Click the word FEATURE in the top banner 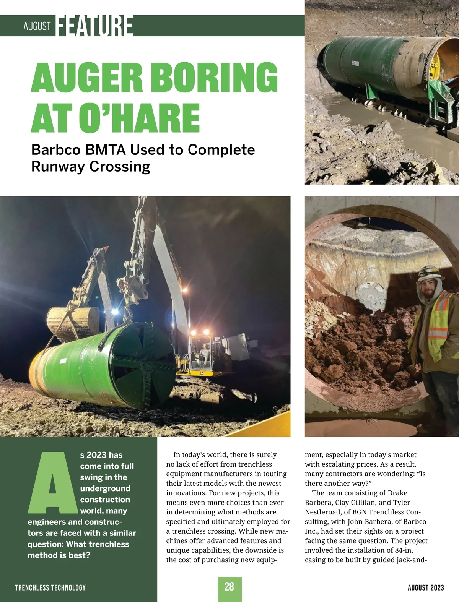94,26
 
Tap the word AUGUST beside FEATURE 37,26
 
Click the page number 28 229,587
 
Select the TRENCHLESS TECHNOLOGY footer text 50,587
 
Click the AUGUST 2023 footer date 426,587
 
